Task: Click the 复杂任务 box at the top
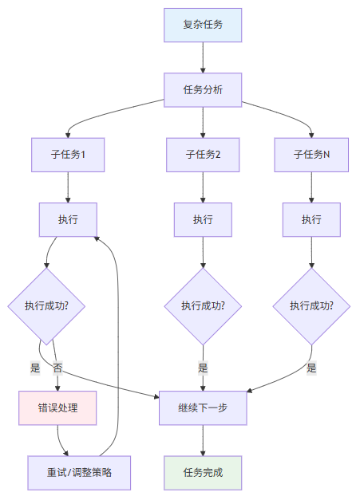point(203,25)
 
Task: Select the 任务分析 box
point(203,89)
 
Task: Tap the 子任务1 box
point(68,155)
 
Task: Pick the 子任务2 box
point(203,155)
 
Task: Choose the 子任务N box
point(311,155)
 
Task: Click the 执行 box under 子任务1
point(68,219)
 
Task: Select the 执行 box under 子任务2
point(203,219)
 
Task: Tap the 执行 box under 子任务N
point(311,219)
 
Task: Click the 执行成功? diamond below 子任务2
point(203,305)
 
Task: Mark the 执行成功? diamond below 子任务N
point(311,305)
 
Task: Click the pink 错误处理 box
point(57,407)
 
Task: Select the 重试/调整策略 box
point(79,472)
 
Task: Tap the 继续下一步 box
point(203,407)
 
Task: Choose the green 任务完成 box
point(203,472)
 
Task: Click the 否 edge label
point(57,368)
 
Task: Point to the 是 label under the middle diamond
point(203,368)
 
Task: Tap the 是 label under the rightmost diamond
point(311,368)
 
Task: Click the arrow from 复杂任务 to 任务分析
point(203,57)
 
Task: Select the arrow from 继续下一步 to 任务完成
point(203,440)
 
